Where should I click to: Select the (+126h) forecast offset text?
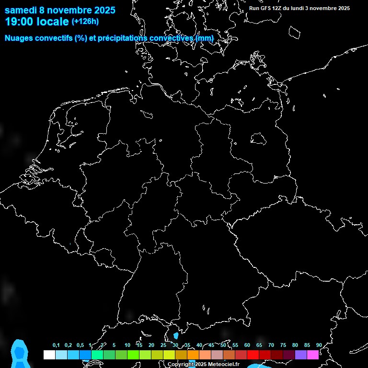pos(85,22)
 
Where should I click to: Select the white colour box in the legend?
pos(49,355)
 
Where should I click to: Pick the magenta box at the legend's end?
pos(312,355)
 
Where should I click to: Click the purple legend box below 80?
pos(300,355)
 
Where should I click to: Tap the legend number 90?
pos(319,345)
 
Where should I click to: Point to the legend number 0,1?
pos(56,345)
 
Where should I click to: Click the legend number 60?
pos(247,345)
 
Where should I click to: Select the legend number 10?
pos(127,345)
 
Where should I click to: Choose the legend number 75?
pos(283,345)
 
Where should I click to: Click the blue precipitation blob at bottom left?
pos(19,353)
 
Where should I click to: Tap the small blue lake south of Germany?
pos(176,335)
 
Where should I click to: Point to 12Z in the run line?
pos(278,8)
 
